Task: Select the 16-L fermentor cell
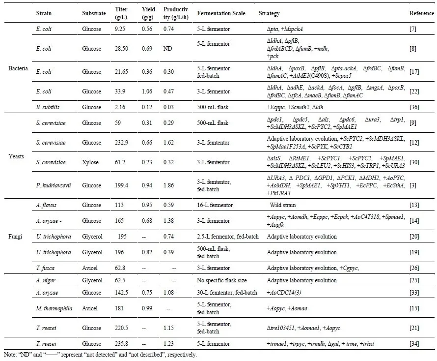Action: pyautogui.click(x=218, y=204)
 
